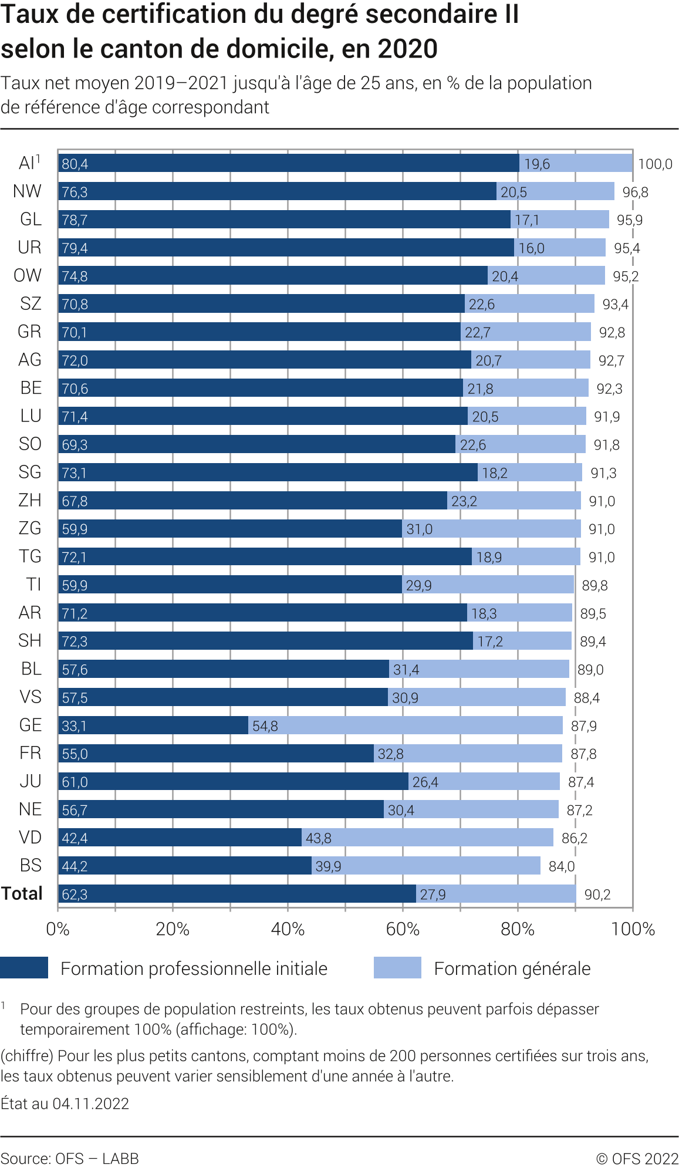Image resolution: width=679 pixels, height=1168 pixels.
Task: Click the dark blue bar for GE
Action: tap(153, 725)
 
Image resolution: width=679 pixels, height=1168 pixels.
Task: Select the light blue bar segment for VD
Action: tap(427, 838)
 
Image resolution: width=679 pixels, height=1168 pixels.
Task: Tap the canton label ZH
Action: tap(30, 501)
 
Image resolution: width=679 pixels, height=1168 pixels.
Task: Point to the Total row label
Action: tap(22, 894)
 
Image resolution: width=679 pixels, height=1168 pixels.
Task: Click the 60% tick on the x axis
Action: tap(403, 929)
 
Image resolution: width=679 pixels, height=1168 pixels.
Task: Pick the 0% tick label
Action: tap(58, 929)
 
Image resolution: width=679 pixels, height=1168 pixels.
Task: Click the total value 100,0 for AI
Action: tap(655, 164)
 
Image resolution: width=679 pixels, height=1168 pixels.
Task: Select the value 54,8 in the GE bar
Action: tap(265, 726)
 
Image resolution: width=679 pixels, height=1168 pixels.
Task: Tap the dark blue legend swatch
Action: tap(24, 968)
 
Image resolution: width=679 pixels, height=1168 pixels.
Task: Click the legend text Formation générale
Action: tap(512, 968)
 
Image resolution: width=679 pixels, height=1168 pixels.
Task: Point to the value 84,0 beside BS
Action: tap(562, 866)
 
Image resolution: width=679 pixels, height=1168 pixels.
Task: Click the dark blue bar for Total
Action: tap(237, 894)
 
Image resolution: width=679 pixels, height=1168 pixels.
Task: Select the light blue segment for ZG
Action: tap(491, 529)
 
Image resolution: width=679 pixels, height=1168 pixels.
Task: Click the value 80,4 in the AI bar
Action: tap(75, 164)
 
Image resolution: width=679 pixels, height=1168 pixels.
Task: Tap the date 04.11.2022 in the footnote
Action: tap(91, 1104)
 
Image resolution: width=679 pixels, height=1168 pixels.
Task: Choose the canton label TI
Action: tap(33, 585)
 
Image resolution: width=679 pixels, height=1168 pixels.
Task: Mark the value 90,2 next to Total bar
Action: tap(597, 894)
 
